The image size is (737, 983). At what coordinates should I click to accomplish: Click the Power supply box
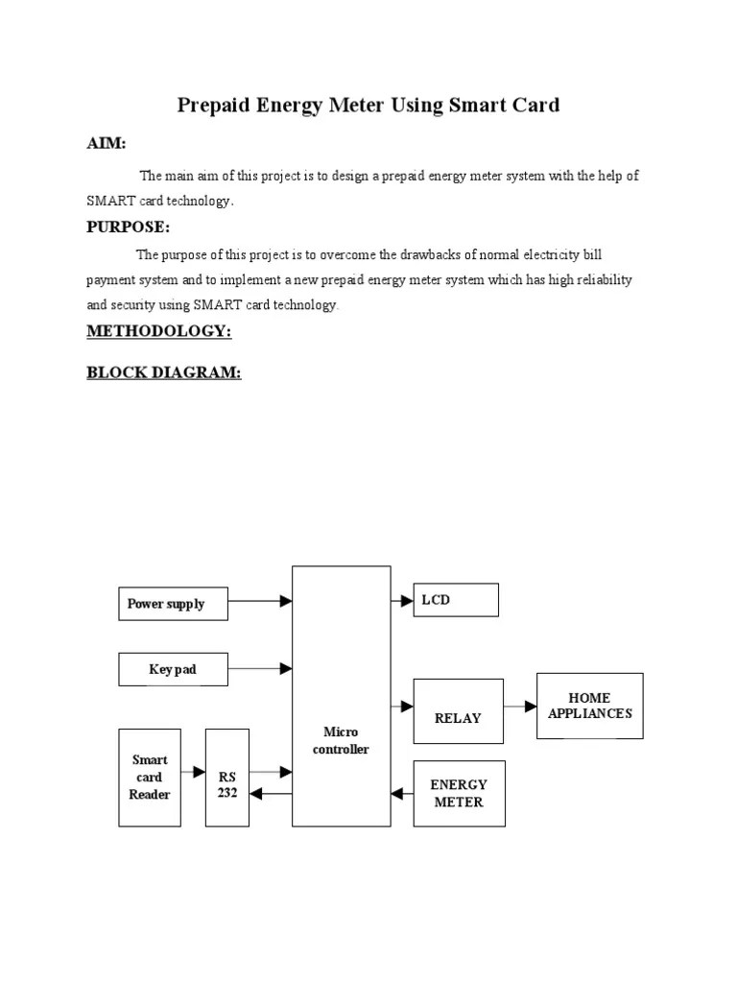click(174, 604)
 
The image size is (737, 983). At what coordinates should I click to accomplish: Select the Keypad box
click(174, 669)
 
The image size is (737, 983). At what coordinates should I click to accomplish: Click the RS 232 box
click(227, 778)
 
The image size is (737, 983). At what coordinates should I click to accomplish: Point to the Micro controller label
click(341, 741)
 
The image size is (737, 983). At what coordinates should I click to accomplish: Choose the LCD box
click(456, 600)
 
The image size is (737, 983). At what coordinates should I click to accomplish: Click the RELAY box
click(458, 711)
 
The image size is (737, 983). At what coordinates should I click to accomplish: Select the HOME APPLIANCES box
click(589, 706)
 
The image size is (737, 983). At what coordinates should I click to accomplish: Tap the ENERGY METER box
click(459, 794)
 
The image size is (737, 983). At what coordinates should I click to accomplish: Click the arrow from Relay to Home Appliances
click(519, 707)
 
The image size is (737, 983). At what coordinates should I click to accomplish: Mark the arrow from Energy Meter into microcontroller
click(402, 794)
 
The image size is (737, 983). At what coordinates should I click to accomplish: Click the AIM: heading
click(107, 143)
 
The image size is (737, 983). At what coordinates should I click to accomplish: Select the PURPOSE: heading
click(129, 228)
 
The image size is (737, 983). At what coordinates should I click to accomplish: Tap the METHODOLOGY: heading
click(159, 331)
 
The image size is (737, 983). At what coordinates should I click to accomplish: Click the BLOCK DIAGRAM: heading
click(164, 372)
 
